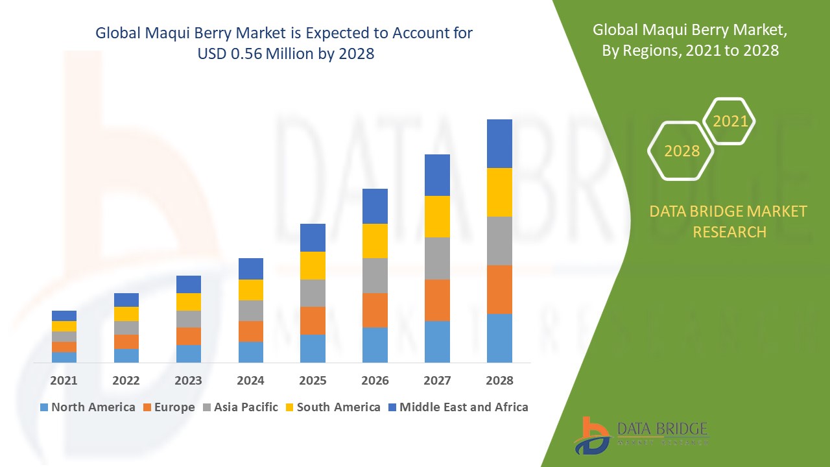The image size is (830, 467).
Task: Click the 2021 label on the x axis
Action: tap(64, 381)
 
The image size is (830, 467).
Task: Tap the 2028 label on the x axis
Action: tap(499, 381)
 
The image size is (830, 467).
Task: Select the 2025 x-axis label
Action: tap(313, 381)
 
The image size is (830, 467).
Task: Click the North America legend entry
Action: tap(88, 407)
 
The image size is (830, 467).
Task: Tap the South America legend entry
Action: tap(331, 407)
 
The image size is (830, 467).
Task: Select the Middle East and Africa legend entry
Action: tap(457, 407)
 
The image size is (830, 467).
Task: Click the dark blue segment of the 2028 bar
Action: tap(499, 143)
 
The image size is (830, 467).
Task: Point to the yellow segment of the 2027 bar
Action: tap(437, 216)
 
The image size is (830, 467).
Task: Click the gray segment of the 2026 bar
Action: tap(375, 276)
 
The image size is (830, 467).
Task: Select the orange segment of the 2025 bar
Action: tap(313, 320)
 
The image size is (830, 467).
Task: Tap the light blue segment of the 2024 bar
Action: tap(250, 352)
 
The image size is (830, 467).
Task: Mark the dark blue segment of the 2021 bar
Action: tap(64, 316)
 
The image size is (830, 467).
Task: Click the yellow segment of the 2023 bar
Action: tap(188, 302)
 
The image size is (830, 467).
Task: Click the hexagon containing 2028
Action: tap(681, 151)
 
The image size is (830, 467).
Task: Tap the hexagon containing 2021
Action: tap(729, 121)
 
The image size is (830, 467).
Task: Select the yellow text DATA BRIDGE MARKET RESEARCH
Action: tap(729, 221)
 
